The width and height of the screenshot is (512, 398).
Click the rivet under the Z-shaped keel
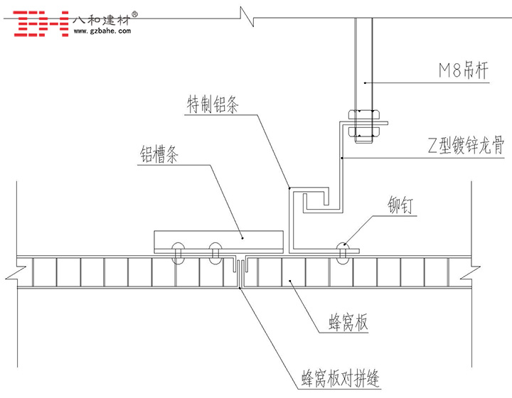pos(344,252)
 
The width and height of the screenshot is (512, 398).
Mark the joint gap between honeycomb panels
pos(241,271)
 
